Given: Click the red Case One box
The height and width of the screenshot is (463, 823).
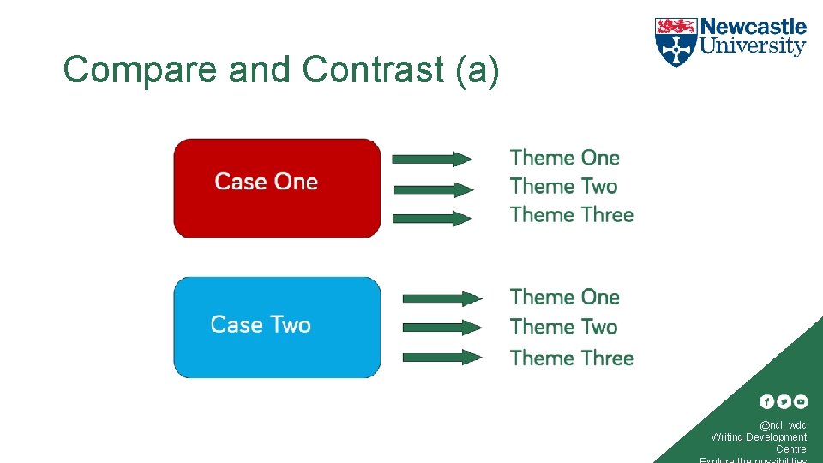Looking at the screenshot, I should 277,188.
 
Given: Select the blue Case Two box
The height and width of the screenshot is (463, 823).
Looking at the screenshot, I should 277,327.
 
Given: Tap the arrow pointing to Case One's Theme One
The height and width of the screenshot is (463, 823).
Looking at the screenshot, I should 431,159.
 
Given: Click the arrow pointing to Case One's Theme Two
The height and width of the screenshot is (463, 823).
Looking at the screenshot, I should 431,189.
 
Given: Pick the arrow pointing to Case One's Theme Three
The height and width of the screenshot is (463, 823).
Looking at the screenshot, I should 431,218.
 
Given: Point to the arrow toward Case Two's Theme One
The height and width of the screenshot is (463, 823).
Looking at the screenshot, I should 442,298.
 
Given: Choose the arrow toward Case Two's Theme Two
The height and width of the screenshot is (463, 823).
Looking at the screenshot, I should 442,327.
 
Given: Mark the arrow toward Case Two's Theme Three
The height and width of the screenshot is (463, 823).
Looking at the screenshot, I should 442,357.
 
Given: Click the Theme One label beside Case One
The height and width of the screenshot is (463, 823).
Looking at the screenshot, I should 564,158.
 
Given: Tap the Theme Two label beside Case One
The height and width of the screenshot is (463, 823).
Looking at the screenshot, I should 563,186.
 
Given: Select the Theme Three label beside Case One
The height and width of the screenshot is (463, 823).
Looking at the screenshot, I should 571,214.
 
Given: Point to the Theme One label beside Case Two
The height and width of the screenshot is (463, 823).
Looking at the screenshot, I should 564,298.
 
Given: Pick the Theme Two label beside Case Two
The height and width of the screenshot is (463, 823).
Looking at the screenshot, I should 563,327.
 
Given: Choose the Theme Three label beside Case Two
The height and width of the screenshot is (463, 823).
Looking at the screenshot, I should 571,358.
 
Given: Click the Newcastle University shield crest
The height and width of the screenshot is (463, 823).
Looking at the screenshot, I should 676,42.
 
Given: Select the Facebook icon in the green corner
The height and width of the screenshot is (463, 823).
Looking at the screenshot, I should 766,401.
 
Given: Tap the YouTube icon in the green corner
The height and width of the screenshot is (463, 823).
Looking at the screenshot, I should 800,401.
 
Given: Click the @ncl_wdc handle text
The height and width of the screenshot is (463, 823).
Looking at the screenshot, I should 782,425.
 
